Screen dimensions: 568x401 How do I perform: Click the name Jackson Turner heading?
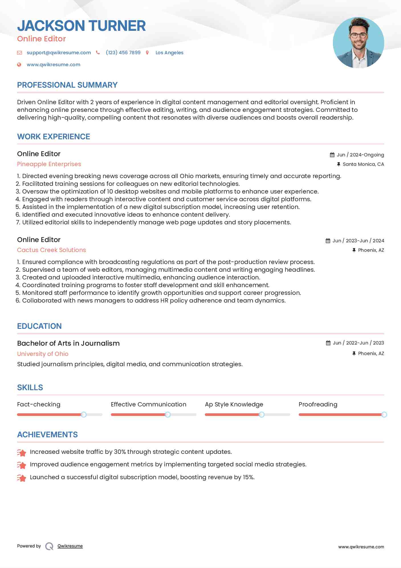tap(81, 26)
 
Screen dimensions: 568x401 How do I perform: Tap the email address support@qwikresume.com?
tap(59, 53)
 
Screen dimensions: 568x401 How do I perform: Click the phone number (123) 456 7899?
tap(123, 53)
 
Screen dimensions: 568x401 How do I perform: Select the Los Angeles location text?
tap(169, 53)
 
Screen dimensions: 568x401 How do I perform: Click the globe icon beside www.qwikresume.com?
tap(19, 65)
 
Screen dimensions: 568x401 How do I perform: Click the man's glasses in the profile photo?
tap(358, 36)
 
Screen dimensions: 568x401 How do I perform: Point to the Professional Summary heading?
tap(67, 85)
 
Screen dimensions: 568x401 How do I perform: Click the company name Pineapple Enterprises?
tap(49, 164)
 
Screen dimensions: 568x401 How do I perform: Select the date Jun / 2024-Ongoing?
tap(360, 155)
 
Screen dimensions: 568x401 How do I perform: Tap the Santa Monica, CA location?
tap(363, 164)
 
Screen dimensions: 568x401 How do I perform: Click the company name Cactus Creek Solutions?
tap(51, 250)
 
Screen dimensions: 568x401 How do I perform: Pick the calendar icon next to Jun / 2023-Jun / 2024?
tap(328, 241)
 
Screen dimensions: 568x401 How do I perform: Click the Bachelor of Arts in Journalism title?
tap(68, 343)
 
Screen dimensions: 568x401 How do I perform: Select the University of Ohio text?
tap(43, 354)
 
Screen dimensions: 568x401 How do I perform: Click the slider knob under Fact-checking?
tap(84, 414)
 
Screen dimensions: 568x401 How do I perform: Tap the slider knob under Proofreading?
tap(384, 414)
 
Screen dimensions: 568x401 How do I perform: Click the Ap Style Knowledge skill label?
tap(234, 404)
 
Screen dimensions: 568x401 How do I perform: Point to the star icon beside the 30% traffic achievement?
tap(22, 452)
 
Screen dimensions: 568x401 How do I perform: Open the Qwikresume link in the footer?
tap(70, 546)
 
